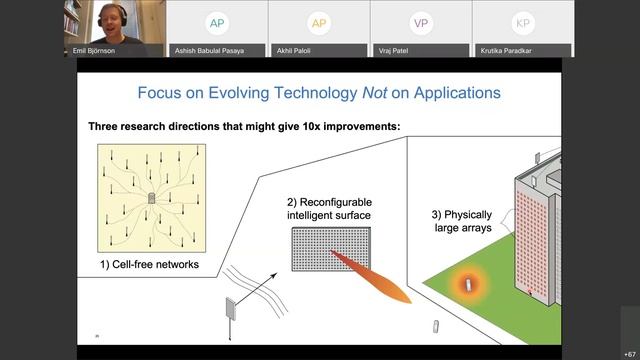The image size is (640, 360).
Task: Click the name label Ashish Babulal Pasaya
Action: coord(215,50)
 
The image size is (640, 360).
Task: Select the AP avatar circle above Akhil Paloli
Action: coord(318,23)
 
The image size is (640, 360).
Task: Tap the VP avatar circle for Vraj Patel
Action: coord(420,23)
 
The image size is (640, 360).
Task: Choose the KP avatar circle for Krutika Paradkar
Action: coord(522,23)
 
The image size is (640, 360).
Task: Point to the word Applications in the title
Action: coord(452,93)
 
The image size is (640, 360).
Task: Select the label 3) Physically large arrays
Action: coord(466,221)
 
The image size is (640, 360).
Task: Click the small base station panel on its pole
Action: coord(233,312)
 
